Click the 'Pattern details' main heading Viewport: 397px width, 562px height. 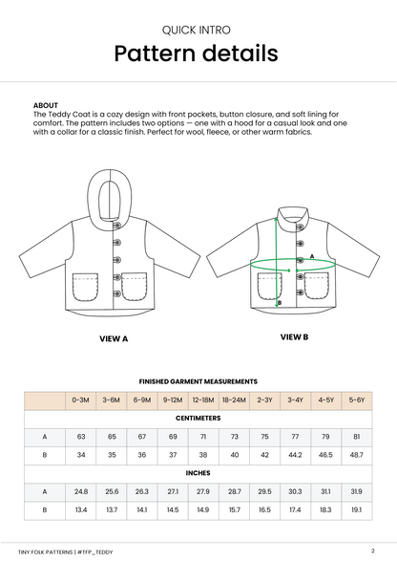pos(198,54)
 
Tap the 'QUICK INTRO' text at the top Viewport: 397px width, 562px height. pos(198,29)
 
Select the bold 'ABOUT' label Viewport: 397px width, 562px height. pos(45,105)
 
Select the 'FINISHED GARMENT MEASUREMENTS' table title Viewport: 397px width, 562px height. pos(198,380)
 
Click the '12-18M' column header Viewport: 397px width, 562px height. pos(202,400)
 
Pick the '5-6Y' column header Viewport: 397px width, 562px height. pos(356,400)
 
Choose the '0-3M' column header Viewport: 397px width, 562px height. pos(80,400)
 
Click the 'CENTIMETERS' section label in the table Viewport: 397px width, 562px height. pos(198,418)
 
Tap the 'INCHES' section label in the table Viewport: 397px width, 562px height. pos(198,472)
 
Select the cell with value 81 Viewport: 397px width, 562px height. pos(356,436)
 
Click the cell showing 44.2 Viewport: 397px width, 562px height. pos(295,455)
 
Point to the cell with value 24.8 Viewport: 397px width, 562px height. pos(80,491)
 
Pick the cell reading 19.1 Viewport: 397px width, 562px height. pos(356,510)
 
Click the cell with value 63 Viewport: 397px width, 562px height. pos(80,436)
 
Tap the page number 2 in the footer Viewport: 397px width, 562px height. pos(371,550)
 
